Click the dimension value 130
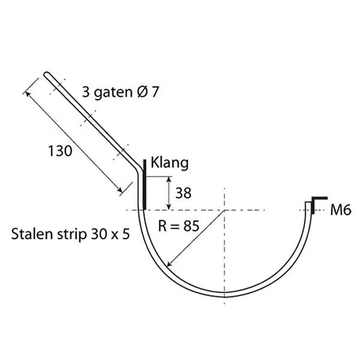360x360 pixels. pyautogui.click(x=60, y=151)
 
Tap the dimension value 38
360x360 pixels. pyautogui.click(x=183, y=192)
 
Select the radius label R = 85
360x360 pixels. pyautogui.click(x=179, y=226)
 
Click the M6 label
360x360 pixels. pyautogui.click(x=341, y=211)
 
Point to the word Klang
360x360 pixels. pyautogui.click(x=169, y=162)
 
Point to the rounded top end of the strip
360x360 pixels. pyautogui.click(x=46, y=74)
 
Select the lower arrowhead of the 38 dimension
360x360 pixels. pyautogui.click(x=169, y=207)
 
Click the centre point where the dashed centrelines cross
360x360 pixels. pyautogui.click(x=224, y=210)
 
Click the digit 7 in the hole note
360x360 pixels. pyautogui.click(x=154, y=92)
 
